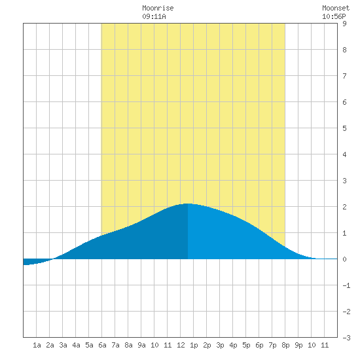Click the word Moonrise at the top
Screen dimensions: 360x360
coord(158,8)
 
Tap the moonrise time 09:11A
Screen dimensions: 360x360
coord(154,16)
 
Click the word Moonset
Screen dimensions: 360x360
coord(336,8)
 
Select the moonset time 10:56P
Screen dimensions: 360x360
coord(334,16)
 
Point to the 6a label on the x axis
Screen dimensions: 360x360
coord(102,345)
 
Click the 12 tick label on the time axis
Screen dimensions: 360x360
coord(181,345)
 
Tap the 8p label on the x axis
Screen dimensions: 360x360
coord(285,346)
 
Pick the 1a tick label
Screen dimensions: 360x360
coord(37,345)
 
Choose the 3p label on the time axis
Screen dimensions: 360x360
coord(220,346)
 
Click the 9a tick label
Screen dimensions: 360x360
coord(141,345)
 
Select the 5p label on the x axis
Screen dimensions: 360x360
coord(246,346)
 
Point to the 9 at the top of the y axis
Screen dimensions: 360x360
coord(344,24)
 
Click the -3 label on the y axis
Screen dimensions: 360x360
coord(346,338)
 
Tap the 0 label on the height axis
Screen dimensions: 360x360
coord(344,259)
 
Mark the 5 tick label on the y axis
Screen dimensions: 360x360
coord(344,128)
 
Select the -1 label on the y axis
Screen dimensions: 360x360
coord(346,285)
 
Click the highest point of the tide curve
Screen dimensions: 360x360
coord(188,204)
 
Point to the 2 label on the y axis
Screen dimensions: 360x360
coord(344,207)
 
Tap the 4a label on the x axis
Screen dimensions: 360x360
coord(76,345)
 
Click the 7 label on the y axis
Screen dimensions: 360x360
coord(344,76)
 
